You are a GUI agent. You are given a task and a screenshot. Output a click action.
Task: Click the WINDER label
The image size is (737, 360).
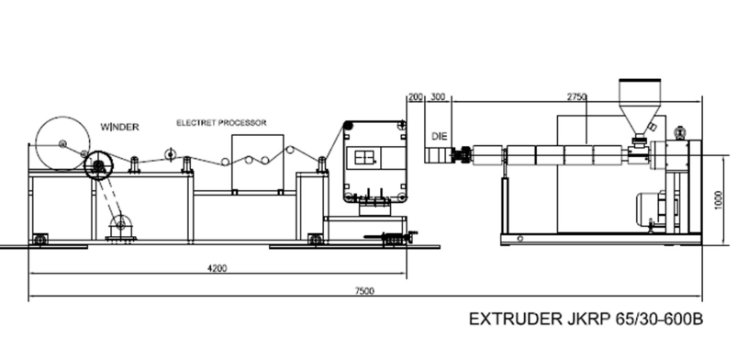coord(120,127)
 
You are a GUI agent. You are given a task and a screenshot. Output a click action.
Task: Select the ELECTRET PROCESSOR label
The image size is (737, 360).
coord(221,123)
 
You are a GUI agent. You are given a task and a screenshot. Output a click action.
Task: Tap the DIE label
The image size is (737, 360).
coord(440,137)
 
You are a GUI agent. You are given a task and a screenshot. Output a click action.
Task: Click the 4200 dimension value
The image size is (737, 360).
coord(218,268)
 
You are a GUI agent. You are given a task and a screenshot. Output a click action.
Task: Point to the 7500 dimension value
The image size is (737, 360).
coord(364,291)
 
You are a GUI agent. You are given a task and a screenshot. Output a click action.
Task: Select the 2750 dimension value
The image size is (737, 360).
coord(576,97)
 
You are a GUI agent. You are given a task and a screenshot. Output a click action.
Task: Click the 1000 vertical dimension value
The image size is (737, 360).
coord(719,200)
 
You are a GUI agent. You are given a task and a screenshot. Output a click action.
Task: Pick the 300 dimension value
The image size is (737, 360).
coord(438,97)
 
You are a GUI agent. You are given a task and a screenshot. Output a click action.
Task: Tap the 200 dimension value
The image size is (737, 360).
coord(416,97)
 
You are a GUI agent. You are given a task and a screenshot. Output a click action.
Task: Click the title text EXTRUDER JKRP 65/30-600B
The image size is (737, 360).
coord(586,319)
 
